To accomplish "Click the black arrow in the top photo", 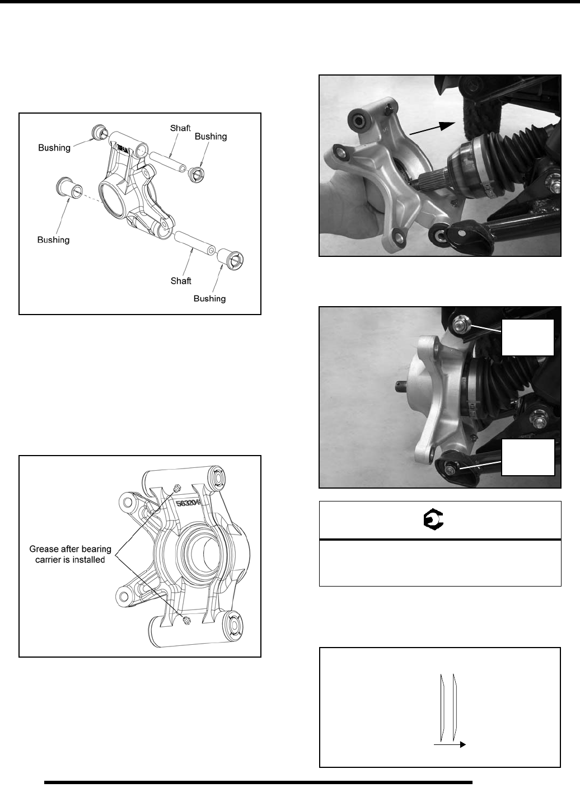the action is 433,128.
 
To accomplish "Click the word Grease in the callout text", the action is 46,549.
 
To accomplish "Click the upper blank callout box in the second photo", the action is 528,337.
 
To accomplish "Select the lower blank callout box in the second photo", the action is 528,457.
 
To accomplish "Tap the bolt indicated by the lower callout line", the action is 451,470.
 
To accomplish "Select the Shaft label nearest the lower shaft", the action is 181,281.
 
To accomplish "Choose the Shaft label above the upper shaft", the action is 180,128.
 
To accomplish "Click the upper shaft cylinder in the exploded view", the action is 167,162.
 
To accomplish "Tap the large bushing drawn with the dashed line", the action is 69,187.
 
